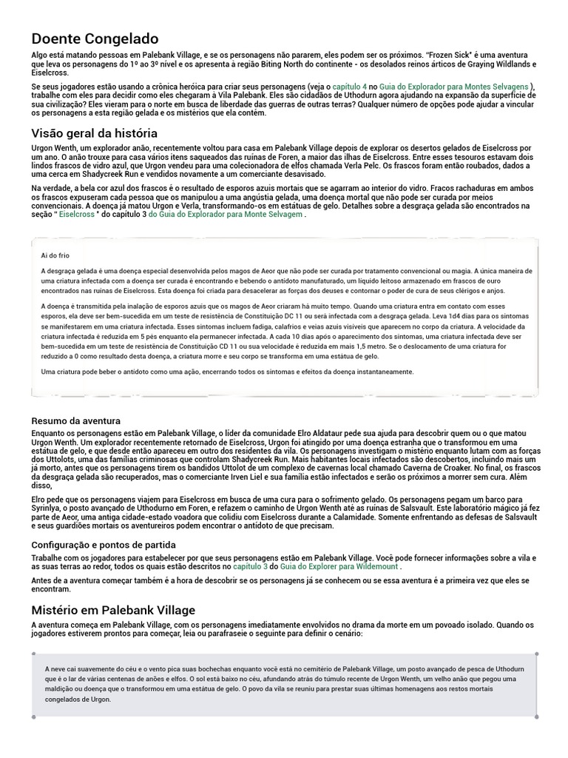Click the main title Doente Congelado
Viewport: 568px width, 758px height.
(95, 38)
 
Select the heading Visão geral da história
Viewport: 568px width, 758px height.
(94, 133)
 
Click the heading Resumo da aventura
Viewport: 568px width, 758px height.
(75, 420)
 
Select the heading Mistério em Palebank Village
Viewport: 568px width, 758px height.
(113, 610)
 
